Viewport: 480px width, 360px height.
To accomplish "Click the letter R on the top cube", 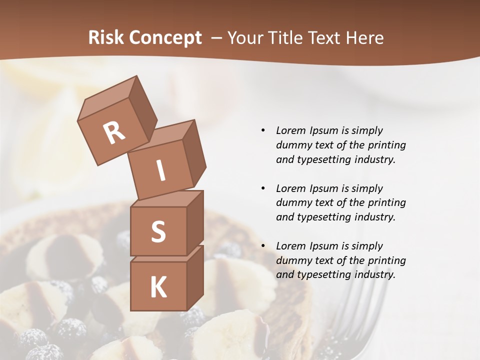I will (x=114, y=132).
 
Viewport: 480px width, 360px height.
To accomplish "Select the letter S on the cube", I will (x=158, y=231).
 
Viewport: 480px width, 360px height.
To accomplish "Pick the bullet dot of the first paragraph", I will (x=263, y=130).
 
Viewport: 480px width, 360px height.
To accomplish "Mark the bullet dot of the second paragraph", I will (x=263, y=188).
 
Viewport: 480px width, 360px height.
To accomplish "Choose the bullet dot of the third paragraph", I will (x=263, y=246).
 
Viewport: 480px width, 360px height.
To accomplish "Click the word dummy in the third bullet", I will (x=292, y=260).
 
